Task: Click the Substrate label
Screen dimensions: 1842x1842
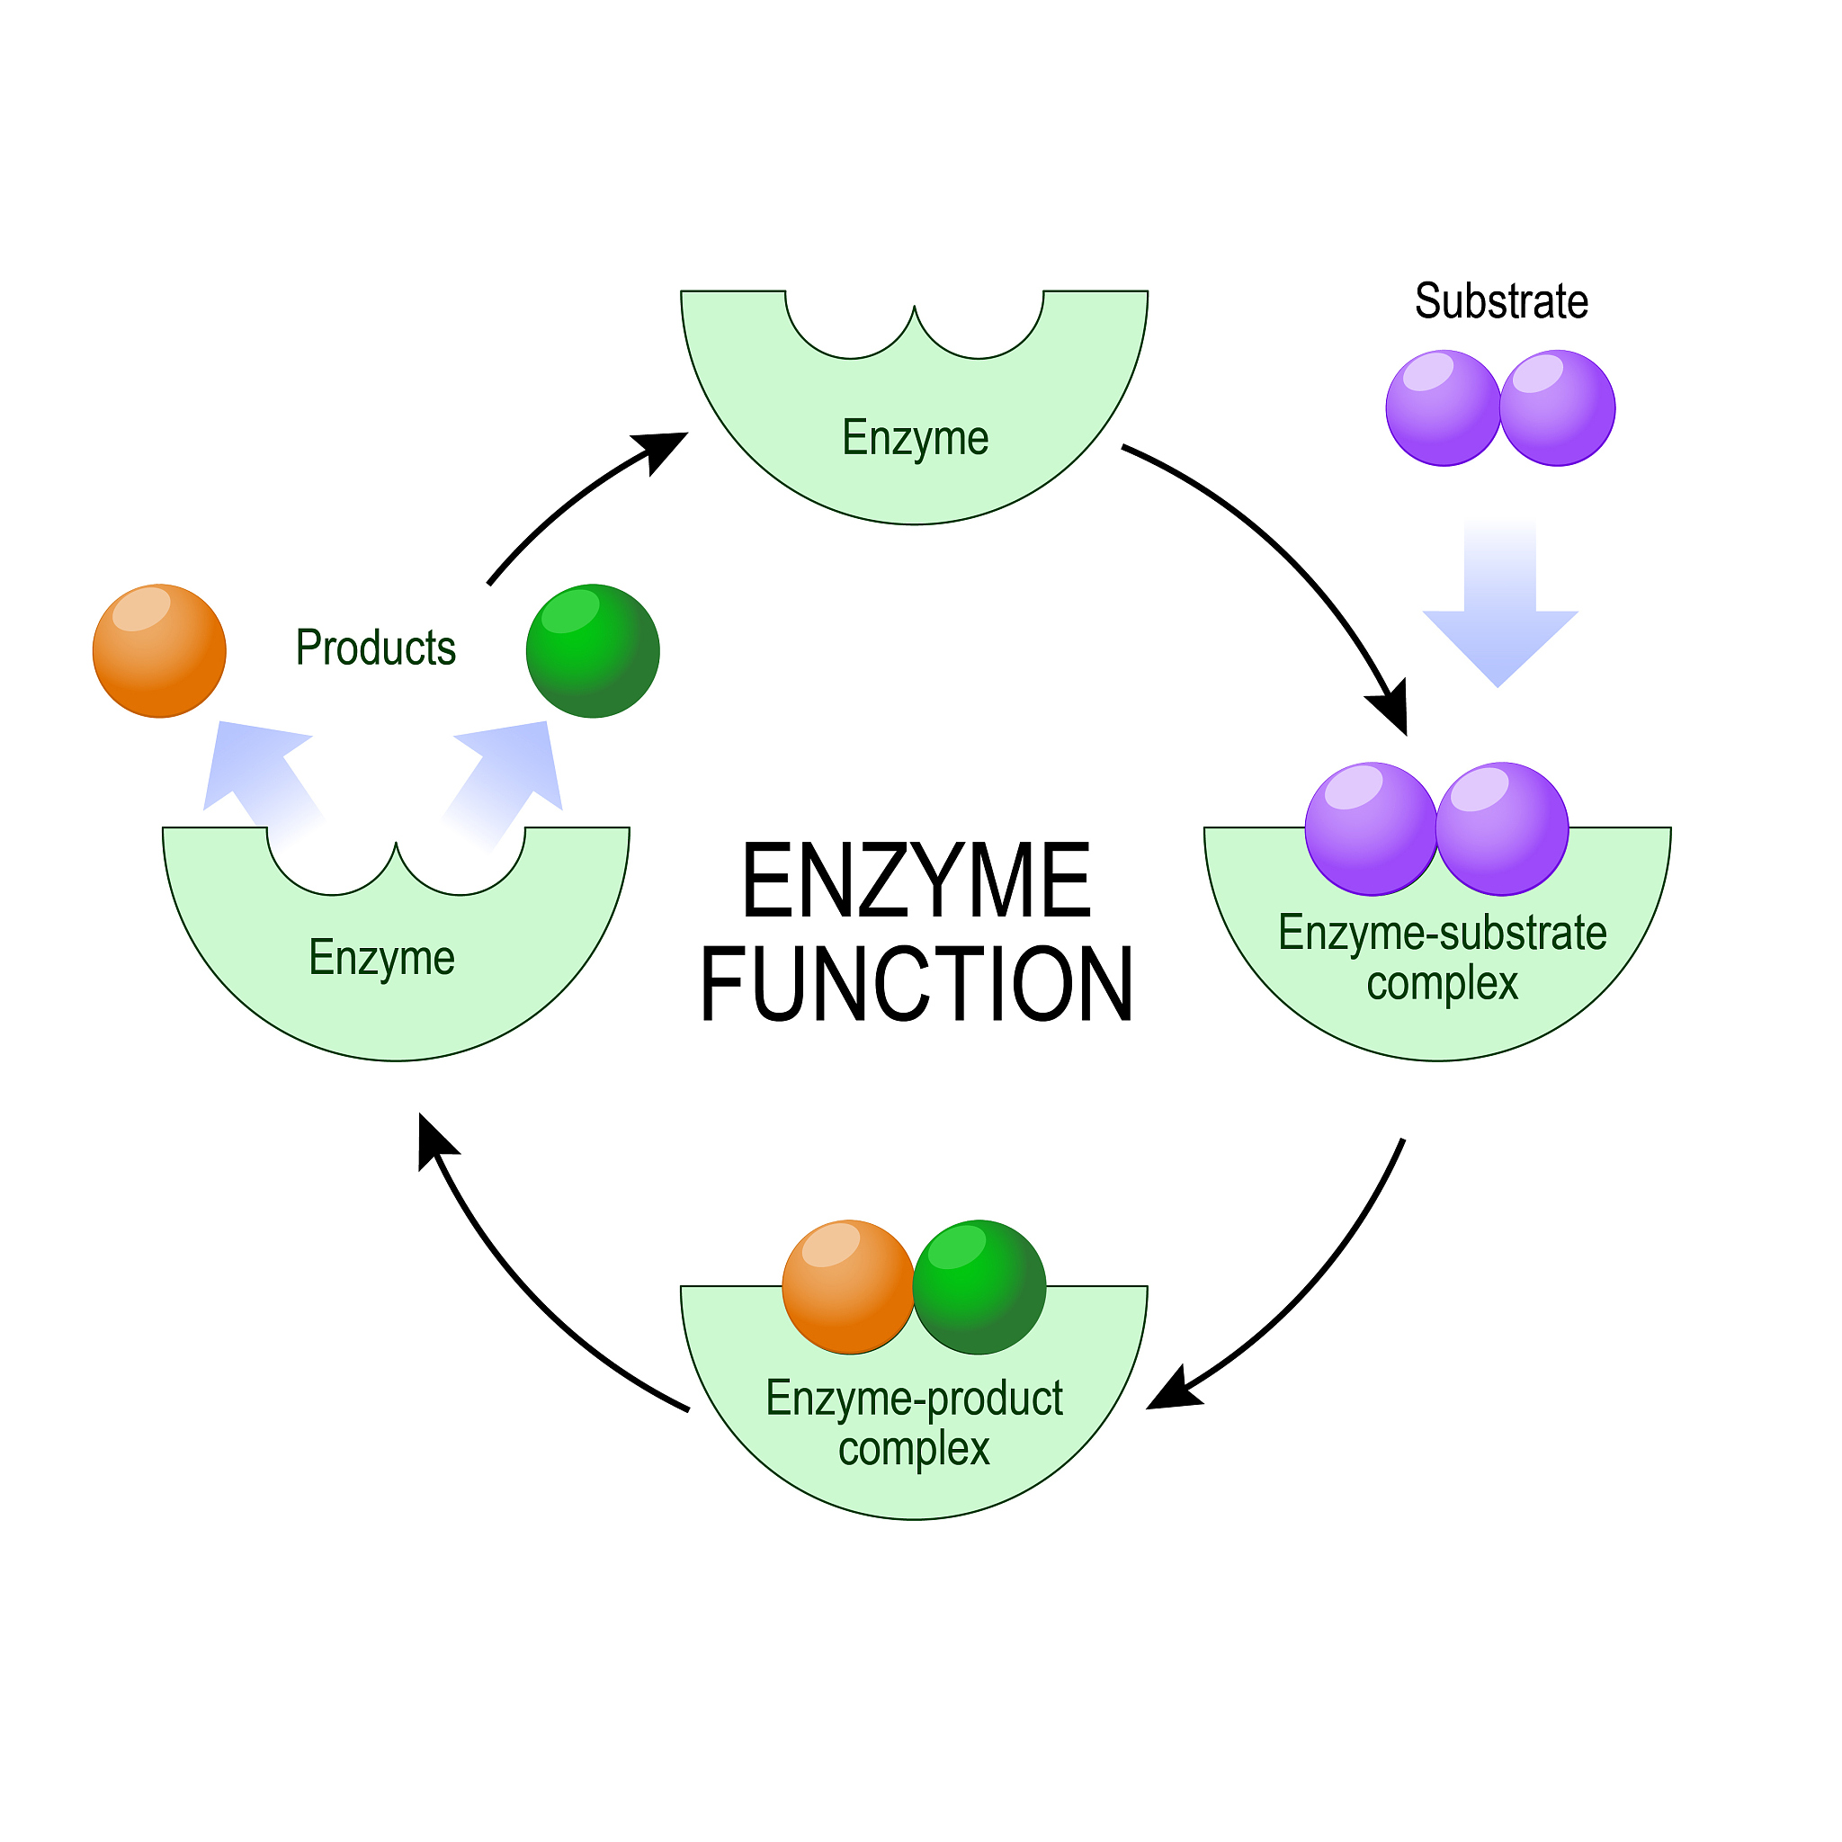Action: (x=1501, y=301)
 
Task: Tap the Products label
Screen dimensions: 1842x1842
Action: (x=376, y=648)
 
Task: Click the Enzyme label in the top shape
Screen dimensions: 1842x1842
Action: (x=915, y=439)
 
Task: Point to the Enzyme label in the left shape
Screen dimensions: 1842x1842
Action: (x=381, y=957)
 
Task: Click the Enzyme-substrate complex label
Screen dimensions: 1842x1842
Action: (x=1442, y=957)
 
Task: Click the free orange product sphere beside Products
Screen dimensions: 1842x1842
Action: (x=159, y=650)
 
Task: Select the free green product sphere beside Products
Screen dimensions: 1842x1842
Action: (x=593, y=650)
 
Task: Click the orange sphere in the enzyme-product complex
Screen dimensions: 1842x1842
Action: (x=847, y=1286)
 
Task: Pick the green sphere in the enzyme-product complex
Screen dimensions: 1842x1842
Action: (x=980, y=1286)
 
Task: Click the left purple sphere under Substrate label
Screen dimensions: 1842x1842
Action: (x=1443, y=408)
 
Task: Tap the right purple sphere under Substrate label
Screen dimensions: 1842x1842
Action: (x=1558, y=408)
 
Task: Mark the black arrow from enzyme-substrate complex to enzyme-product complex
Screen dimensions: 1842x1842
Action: (x=1306, y=1287)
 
